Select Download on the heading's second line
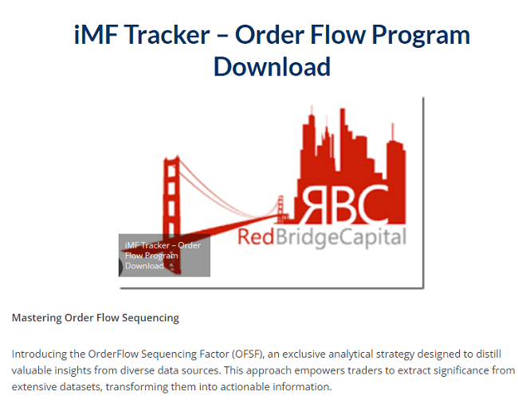(x=272, y=67)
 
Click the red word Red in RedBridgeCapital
(x=256, y=237)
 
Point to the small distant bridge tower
(x=281, y=209)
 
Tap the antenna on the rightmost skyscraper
(x=393, y=131)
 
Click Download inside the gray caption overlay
(x=144, y=266)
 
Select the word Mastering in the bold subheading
(x=37, y=318)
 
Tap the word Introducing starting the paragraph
(x=39, y=354)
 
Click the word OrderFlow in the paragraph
(x=113, y=354)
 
